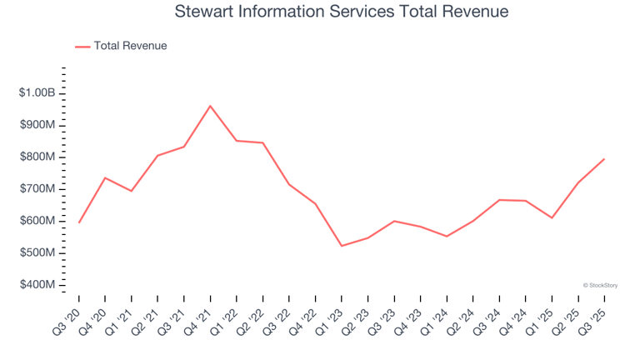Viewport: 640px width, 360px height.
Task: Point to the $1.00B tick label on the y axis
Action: [x=37, y=93]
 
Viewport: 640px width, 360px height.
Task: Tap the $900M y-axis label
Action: [x=37, y=125]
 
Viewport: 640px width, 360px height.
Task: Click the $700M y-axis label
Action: [x=37, y=189]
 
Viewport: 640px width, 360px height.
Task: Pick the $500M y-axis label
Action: [x=37, y=253]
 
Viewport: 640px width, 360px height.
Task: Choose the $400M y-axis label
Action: [x=37, y=285]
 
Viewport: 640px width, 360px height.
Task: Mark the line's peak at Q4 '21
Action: [x=210, y=106]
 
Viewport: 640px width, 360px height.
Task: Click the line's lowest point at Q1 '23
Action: [x=342, y=246]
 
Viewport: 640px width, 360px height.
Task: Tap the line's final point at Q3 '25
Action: [x=604, y=159]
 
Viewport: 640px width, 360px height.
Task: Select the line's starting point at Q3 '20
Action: [x=79, y=222]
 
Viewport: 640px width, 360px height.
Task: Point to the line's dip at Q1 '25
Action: [x=552, y=218]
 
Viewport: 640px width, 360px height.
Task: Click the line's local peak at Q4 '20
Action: [x=105, y=177]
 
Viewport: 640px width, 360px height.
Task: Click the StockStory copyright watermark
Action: [x=600, y=285]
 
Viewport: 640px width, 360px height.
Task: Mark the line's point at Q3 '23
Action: [x=394, y=221]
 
